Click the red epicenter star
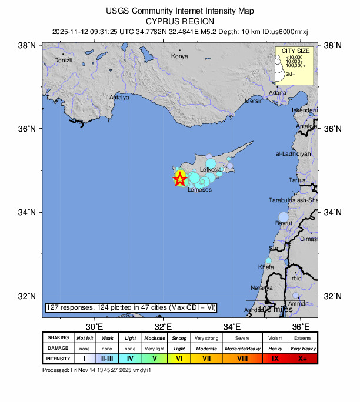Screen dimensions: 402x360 [180, 179]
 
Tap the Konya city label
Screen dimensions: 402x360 [179, 56]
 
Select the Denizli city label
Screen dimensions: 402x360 [63, 61]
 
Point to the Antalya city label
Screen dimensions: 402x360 [119, 98]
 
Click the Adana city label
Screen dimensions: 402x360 [277, 93]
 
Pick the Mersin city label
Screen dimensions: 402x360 [254, 101]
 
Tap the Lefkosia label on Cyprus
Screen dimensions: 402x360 [210, 170]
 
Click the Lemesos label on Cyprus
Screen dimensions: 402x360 [198, 190]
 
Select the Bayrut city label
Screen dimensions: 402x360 [284, 224]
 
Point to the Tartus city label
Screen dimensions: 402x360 [297, 180]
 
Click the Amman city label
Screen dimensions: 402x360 [298, 303]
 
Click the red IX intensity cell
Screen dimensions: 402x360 [275, 359]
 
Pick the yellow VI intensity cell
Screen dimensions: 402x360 [180, 359]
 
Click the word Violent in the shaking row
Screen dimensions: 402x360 [275, 338]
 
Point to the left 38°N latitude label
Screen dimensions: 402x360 [28, 45]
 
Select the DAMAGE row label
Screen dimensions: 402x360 [58, 348]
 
